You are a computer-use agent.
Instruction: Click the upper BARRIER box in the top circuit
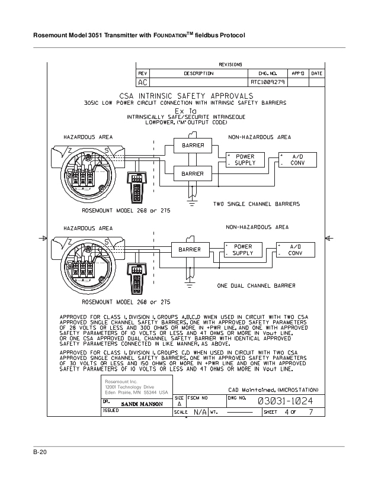tap(193, 146)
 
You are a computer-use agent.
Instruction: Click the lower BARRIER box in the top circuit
tap(193, 173)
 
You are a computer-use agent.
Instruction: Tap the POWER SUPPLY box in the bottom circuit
tap(242, 250)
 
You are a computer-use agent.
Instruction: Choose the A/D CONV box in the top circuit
tap(298, 160)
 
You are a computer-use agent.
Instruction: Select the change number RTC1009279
tap(268, 83)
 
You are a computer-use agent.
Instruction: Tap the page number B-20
tap(40, 453)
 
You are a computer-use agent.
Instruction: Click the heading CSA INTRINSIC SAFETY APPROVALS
tap(187, 95)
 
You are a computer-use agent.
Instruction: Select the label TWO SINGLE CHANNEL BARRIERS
tap(256, 204)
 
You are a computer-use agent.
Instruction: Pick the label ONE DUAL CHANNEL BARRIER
tap(256, 285)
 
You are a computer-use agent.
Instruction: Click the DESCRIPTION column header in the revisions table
tap(198, 73)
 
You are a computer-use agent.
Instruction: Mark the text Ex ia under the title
tap(187, 111)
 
